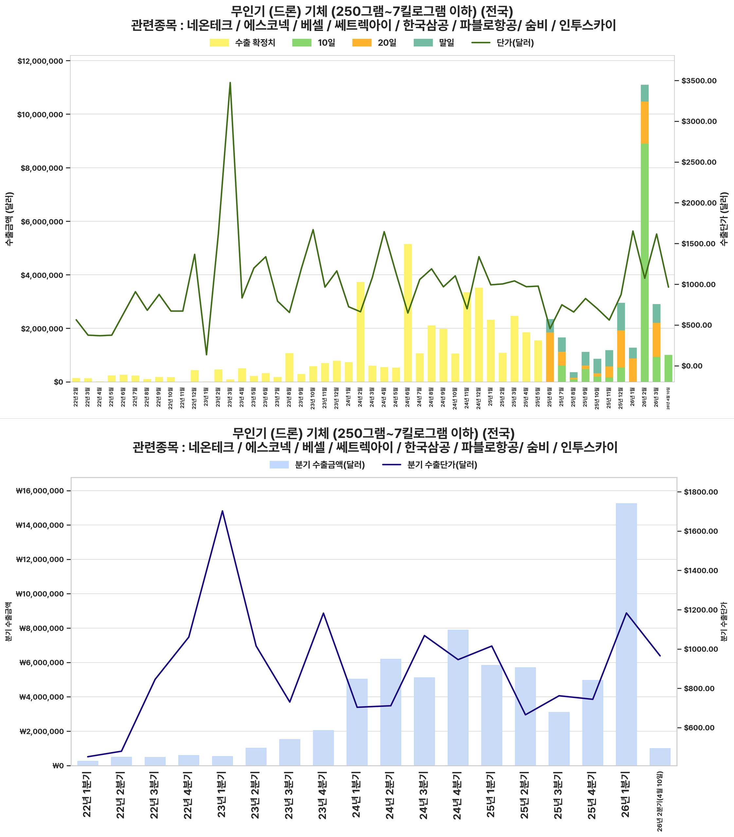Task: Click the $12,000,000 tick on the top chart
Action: (x=40, y=61)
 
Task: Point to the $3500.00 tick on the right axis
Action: (x=699, y=81)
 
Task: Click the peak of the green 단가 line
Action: (x=230, y=83)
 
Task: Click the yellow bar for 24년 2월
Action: (x=360, y=332)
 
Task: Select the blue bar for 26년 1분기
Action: (x=626, y=634)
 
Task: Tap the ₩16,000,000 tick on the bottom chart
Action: (x=39, y=491)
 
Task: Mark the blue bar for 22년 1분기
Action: (x=88, y=763)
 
